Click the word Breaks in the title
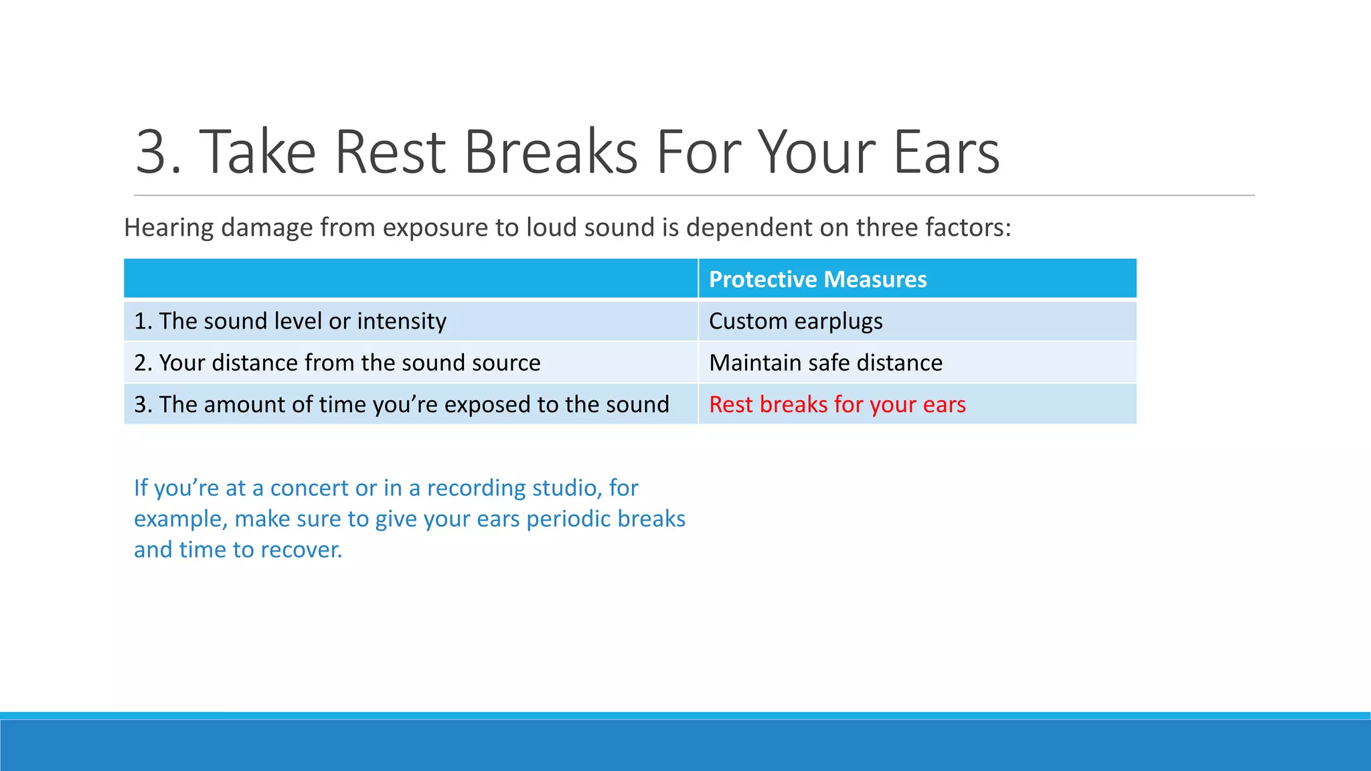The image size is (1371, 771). pyautogui.click(x=550, y=153)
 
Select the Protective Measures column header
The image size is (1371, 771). pyautogui.click(x=817, y=279)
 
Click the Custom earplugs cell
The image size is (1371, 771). pyautogui.click(x=795, y=321)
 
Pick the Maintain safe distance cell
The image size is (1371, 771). pyautogui.click(x=825, y=363)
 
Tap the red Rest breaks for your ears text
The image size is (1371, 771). pyautogui.click(x=837, y=404)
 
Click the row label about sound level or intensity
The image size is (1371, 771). pyautogui.click(x=290, y=321)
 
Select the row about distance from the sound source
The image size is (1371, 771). pyautogui.click(x=337, y=363)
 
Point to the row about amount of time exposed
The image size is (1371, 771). pyautogui.click(x=401, y=404)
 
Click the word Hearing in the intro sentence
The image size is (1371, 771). pyautogui.click(x=169, y=228)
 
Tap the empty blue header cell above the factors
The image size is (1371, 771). pyautogui.click(x=410, y=279)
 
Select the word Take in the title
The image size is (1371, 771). pyautogui.click(x=258, y=153)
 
